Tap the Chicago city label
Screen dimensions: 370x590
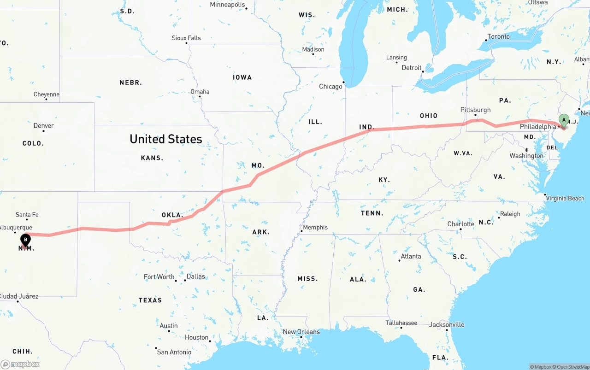[x=330, y=86]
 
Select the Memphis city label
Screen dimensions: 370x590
[x=315, y=227]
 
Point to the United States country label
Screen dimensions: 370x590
[x=165, y=139]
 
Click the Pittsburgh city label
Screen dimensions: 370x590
[x=475, y=110]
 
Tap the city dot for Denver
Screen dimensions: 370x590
[x=43, y=131]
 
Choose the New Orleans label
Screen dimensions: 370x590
[x=301, y=332]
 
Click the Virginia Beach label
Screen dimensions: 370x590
[x=565, y=198]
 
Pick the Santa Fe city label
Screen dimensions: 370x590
[x=27, y=214]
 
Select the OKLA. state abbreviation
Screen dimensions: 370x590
[x=172, y=215]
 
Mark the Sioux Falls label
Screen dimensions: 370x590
[x=186, y=38]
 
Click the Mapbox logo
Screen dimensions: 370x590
[x=20, y=364]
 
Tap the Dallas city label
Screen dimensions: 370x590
[x=196, y=276]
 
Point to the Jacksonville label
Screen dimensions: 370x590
[x=447, y=324]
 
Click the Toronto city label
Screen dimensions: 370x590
[x=498, y=36]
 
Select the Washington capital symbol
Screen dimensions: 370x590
[x=526, y=150]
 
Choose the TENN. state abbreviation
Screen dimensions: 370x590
[x=372, y=213]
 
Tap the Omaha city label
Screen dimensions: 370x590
[x=200, y=92]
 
